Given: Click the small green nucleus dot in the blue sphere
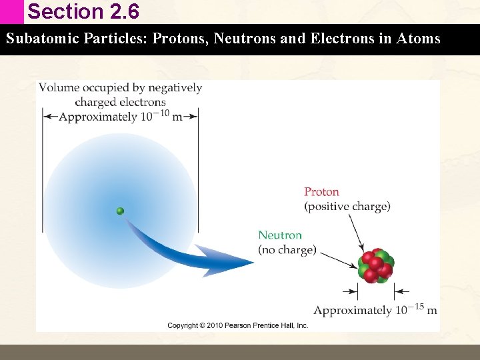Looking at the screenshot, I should [120, 211].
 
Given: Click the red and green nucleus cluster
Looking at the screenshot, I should [376, 265].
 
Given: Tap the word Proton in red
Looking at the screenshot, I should [321, 192].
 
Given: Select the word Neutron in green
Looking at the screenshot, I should [280, 235].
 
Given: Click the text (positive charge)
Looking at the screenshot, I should [347, 207].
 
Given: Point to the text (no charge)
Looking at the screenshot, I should [287, 250].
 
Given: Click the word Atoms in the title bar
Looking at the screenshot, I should [418, 39].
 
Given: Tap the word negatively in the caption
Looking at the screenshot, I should [175, 88].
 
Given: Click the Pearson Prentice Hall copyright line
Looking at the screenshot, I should [237, 325].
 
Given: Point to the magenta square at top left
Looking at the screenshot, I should [11, 11].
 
